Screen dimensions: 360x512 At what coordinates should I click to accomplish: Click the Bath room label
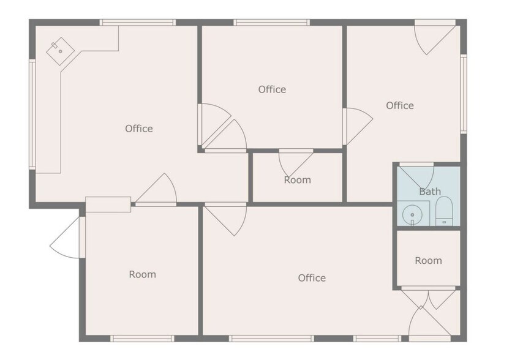[429, 192]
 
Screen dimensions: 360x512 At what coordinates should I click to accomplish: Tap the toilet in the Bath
[443, 212]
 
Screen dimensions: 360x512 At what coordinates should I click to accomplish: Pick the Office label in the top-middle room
[272, 89]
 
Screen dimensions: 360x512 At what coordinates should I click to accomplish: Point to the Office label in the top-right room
[399, 105]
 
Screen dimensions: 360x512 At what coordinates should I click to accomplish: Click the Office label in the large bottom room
[312, 278]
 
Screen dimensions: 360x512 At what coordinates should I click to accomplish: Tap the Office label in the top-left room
[139, 129]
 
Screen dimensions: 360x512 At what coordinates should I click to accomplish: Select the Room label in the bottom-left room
[142, 274]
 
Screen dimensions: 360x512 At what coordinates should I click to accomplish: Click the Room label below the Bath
[428, 260]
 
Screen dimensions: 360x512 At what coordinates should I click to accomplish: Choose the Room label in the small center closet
[297, 180]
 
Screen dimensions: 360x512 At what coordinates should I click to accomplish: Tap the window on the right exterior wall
[464, 93]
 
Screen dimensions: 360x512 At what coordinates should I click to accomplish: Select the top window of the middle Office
[271, 23]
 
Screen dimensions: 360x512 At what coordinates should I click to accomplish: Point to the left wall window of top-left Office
[32, 114]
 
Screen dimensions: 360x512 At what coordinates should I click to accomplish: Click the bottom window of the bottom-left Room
[142, 338]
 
